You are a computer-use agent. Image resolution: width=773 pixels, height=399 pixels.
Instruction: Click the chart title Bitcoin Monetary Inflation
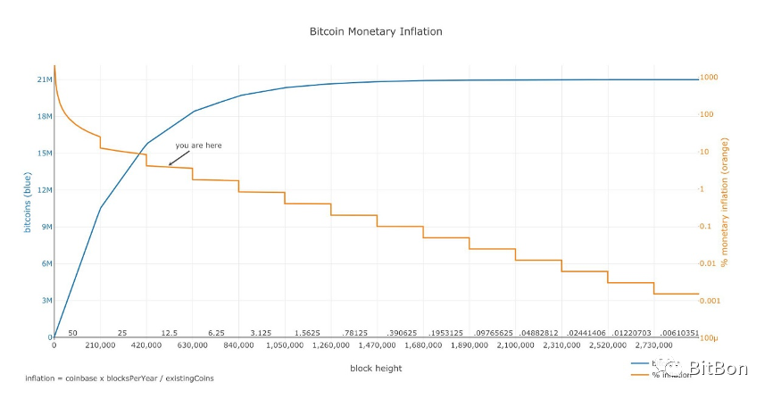[x=375, y=31]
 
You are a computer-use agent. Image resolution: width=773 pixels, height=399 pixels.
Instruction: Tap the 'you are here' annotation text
[x=198, y=145]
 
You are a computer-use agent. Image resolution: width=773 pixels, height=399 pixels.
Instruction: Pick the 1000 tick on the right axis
[x=708, y=78]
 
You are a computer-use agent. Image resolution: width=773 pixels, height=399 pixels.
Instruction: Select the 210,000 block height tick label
[x=100, y=345]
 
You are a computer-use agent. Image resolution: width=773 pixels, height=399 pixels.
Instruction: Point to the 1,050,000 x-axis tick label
[x=284, y=345]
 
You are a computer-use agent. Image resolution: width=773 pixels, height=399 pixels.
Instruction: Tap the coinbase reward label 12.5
[x=170, y=332]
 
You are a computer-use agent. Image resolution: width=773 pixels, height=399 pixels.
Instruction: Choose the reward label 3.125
[x=261, y=332]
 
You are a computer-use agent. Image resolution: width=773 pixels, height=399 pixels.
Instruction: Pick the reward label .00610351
[x=677, y=332]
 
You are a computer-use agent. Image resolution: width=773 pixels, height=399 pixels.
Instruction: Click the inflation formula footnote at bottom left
[x=119, y=378]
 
